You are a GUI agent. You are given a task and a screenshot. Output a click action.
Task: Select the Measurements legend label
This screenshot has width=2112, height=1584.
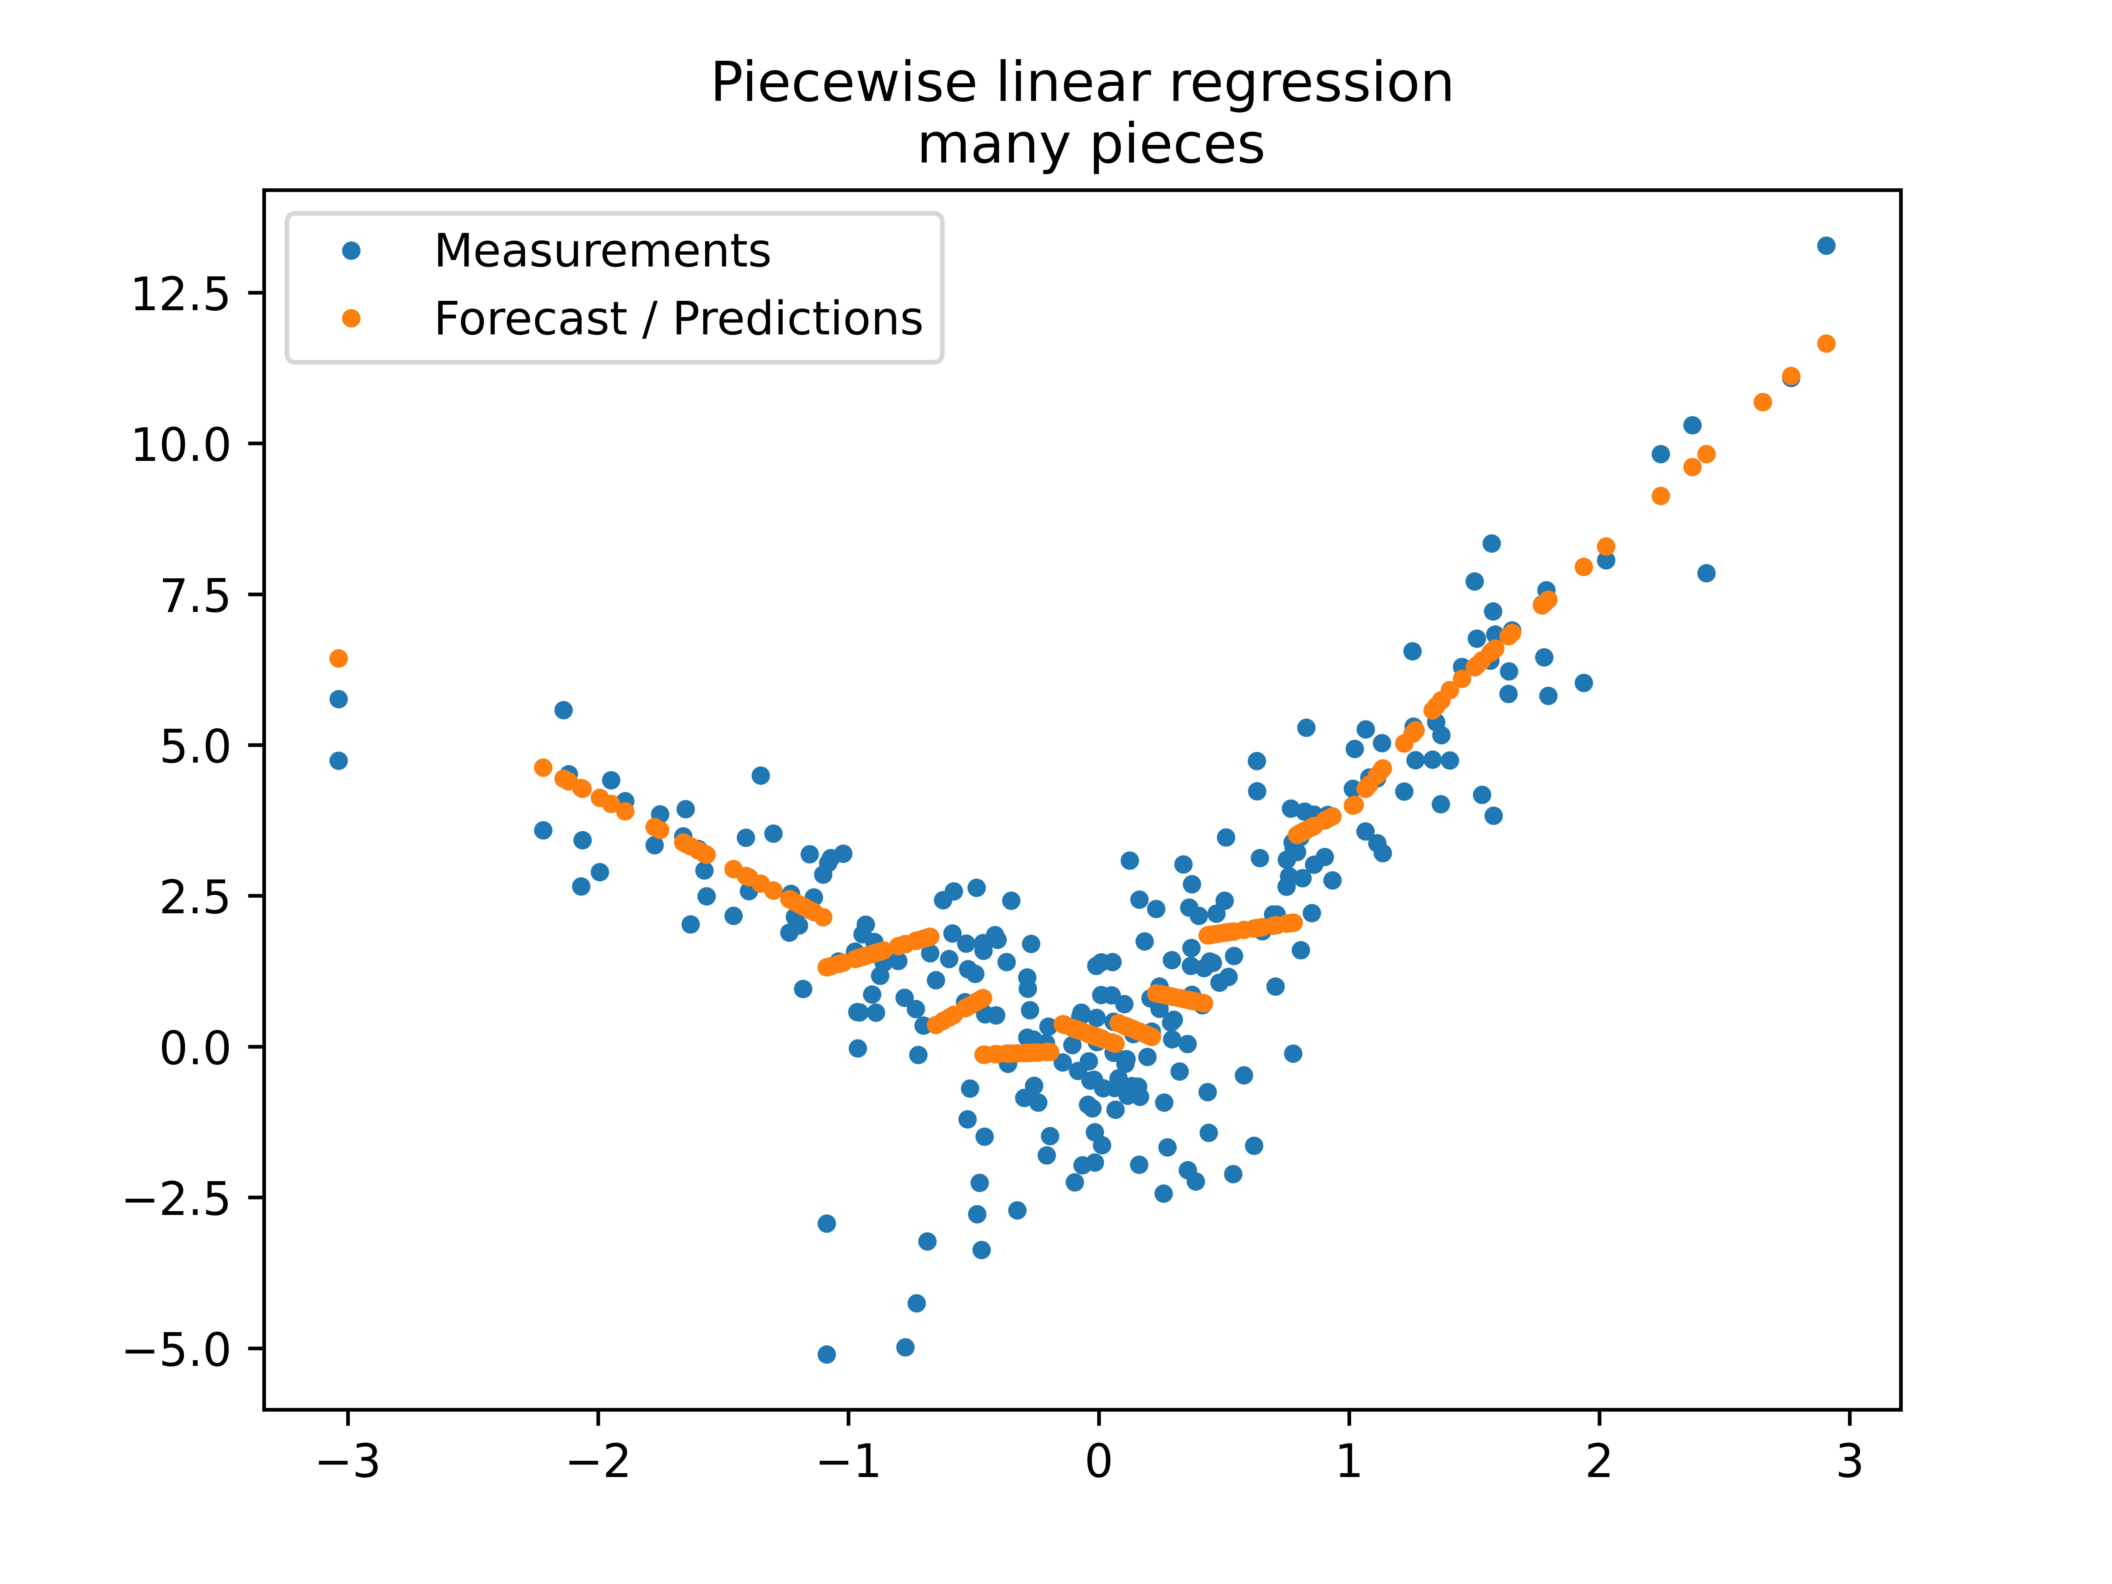tap(601, 251)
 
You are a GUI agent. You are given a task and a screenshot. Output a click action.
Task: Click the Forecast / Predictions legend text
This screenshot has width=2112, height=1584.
tap(678, 319)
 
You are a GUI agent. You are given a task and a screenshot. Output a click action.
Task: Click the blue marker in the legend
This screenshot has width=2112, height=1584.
tap(351, 251)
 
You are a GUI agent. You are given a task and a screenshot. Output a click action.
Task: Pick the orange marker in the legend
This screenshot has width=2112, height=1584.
tap(351, 319)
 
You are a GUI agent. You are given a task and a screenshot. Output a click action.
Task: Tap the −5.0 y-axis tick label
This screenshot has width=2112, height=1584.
tap(178, 1350)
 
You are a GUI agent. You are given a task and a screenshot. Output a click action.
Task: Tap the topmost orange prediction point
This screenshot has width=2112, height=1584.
tap(1825, 344)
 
